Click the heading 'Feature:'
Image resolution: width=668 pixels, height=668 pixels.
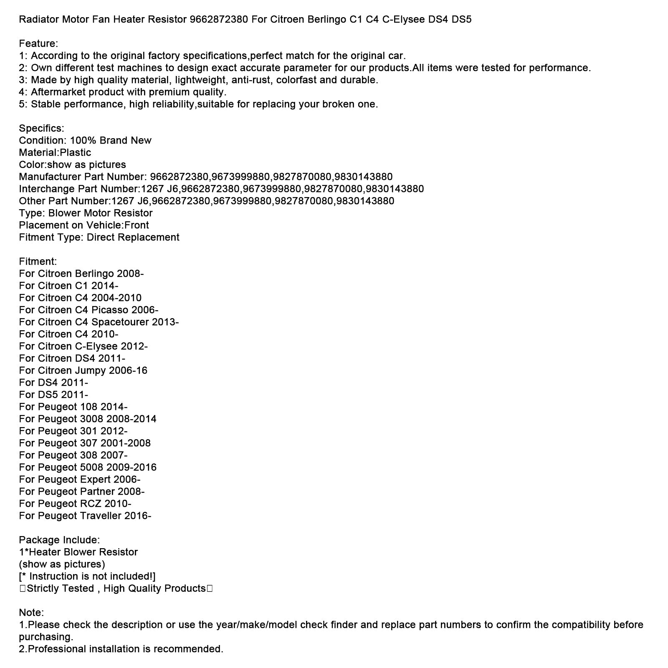38,44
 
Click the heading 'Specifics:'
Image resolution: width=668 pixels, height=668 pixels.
41,129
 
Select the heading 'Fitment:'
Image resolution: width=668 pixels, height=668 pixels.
38,262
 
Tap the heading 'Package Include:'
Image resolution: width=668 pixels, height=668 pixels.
59,540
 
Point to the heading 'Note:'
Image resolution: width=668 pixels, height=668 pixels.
31,613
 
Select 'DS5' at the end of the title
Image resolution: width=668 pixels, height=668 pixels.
461,20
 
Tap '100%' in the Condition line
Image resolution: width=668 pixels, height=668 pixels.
83,141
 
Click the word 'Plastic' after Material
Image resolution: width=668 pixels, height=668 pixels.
76,153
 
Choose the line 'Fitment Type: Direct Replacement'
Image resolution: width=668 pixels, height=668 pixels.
99,238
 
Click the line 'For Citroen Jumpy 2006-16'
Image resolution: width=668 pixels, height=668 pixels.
83,371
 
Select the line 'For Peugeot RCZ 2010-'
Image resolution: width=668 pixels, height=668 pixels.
75,504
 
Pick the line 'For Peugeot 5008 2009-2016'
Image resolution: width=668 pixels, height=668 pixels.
88,468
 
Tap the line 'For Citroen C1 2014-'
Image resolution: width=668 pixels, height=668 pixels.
68,286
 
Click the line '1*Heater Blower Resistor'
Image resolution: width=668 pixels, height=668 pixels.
78,552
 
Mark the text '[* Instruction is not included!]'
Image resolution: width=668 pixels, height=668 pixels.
87,577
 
